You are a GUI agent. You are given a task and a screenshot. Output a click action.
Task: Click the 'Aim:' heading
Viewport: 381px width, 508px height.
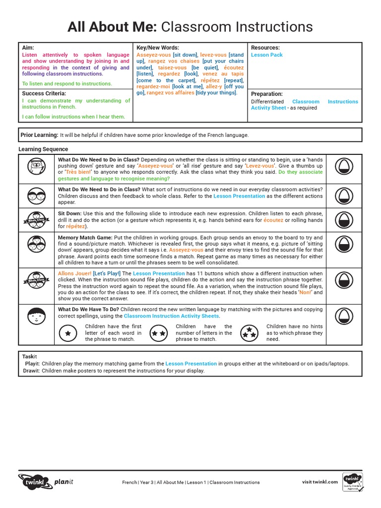[x=28, y=48]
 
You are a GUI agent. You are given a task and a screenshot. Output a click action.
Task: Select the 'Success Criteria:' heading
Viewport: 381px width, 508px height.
[x=44, y=93]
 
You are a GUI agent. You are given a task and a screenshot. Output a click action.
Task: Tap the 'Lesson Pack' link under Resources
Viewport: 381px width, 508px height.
[x=266, y=55]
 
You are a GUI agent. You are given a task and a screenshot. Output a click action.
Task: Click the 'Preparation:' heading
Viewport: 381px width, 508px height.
[x=266, y=94]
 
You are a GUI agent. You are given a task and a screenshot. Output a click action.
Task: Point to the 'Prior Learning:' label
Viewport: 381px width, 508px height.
[x=39, y=135]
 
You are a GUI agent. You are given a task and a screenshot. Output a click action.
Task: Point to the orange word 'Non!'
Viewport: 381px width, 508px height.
[x=305, y=293]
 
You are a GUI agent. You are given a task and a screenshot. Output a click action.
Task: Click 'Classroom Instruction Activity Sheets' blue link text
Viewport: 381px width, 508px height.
[x=171, y=316]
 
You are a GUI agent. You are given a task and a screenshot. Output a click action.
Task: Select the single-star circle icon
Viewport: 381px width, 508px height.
[x=67, y=334]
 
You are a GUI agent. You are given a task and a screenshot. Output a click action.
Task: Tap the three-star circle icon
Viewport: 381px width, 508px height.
[x=249, y=334]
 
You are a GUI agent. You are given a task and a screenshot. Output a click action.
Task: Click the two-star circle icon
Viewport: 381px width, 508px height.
[x=159, y=334]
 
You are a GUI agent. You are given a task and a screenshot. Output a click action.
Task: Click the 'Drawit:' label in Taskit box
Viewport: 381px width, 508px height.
[x=31, y=371]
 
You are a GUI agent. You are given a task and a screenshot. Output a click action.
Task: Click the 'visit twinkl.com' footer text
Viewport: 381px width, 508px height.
[x=320, y=482]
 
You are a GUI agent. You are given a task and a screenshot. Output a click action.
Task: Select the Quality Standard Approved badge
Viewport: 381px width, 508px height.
[x=353, y=482]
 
